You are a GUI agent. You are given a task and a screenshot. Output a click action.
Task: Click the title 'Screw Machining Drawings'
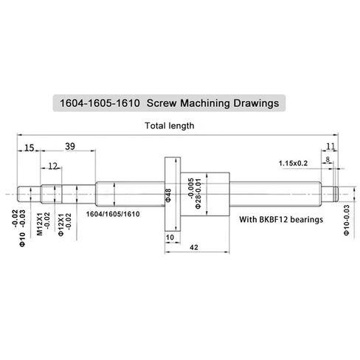pos(212,103)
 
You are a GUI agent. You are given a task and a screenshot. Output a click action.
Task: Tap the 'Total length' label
pos(170,125)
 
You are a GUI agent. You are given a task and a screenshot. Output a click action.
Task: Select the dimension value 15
pos(29,148)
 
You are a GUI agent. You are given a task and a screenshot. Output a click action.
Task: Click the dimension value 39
pos(70,147)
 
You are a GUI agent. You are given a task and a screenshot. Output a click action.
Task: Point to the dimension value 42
pos(194,247)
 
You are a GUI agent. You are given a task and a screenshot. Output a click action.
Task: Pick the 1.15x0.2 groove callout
pos(293,163)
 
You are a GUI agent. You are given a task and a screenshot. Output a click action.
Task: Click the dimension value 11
pos(330,147)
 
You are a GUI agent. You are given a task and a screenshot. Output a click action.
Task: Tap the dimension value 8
pos(328,159)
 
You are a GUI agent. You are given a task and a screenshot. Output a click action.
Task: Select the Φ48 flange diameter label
pos(168,195)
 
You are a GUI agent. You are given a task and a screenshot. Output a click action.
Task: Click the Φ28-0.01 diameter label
pos(198,194)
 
